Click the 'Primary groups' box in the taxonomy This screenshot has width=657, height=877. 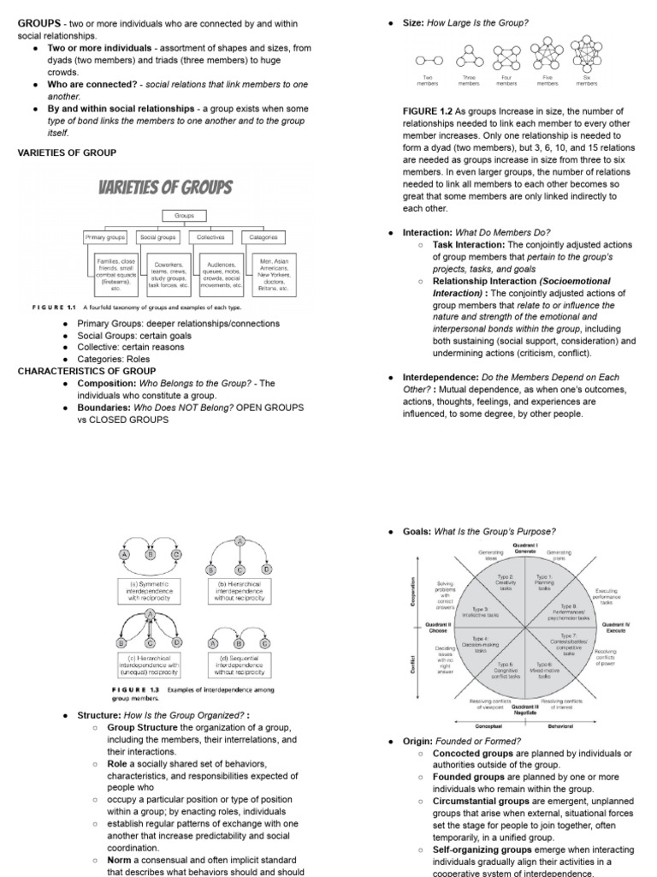coord(104,236)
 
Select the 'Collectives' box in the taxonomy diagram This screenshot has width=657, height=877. coord(210,236)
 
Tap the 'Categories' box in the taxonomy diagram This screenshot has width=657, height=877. coord(263,236)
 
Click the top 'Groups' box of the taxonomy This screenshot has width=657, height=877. coord(185,216)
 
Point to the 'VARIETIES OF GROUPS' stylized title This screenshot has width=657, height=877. coord(165,187)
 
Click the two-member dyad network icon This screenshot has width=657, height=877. coord(425,61)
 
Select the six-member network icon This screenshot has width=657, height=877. coord(587,55)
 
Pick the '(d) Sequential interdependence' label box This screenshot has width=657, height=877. coord(240,662)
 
